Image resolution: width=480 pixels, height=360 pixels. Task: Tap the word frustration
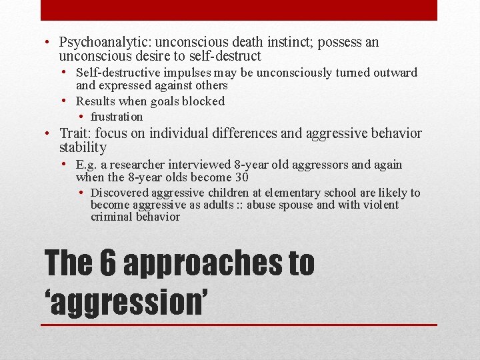tap(117, 117)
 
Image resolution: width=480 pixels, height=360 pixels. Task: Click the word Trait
tap(74, 133)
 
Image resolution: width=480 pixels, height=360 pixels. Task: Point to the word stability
tap(83, 147)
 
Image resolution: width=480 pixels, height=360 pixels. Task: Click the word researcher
tap(141, 165)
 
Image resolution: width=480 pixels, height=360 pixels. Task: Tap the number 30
tap(241, 177)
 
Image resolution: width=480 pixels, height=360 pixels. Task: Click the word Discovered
tap(121, 193)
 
